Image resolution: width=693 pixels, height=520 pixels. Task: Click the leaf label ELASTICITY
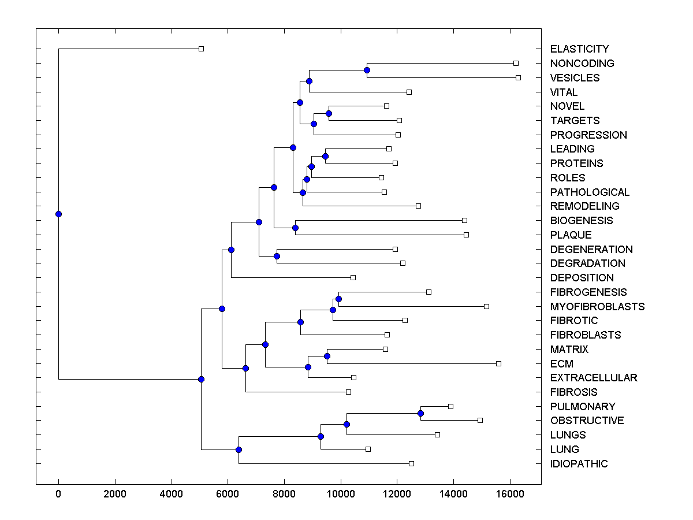(x=579, y=49)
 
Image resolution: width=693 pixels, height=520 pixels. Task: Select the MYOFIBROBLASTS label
(x=597, y=306)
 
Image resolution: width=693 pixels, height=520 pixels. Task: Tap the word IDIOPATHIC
(x=579, y=464)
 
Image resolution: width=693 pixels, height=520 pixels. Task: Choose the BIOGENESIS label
(x=582, y=221)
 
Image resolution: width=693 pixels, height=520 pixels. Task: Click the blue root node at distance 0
(x=58, y=214)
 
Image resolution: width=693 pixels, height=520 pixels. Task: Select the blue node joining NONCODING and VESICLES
(x=367, y=70)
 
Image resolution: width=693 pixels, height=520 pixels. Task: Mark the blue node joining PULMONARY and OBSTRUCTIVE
(x=420, y=413)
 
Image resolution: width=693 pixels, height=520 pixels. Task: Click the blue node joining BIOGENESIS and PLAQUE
(x=295, y=228)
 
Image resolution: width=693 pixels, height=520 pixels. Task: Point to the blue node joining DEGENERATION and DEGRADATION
(x=277, y=256)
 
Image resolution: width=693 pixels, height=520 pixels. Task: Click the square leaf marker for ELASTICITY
(x=201, y=49)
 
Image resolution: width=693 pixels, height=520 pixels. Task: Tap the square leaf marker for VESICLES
(x=518, y=77)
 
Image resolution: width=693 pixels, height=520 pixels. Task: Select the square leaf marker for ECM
(x=498, y=363)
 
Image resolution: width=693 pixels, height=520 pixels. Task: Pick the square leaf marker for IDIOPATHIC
(x=411, y=463)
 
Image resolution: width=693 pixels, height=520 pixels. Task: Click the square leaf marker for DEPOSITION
(x=353, y=277)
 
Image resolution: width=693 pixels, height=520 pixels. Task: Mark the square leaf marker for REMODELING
(x=418, y=206)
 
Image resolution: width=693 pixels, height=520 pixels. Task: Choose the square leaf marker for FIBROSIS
(x=348, y=392)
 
